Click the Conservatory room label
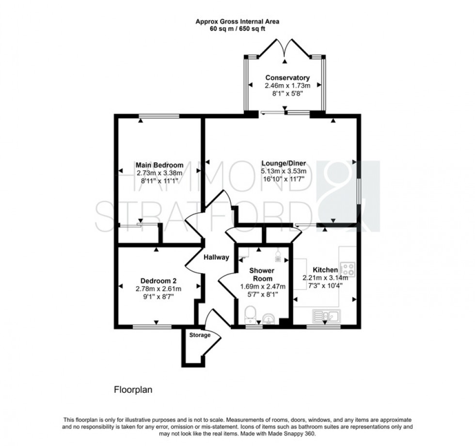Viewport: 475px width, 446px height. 287,78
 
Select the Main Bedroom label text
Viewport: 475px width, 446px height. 159,165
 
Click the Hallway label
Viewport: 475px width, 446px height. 216,258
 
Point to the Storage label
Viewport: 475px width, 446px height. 200,335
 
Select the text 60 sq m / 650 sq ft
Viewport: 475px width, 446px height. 237,29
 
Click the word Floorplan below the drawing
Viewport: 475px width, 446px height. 133,389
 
